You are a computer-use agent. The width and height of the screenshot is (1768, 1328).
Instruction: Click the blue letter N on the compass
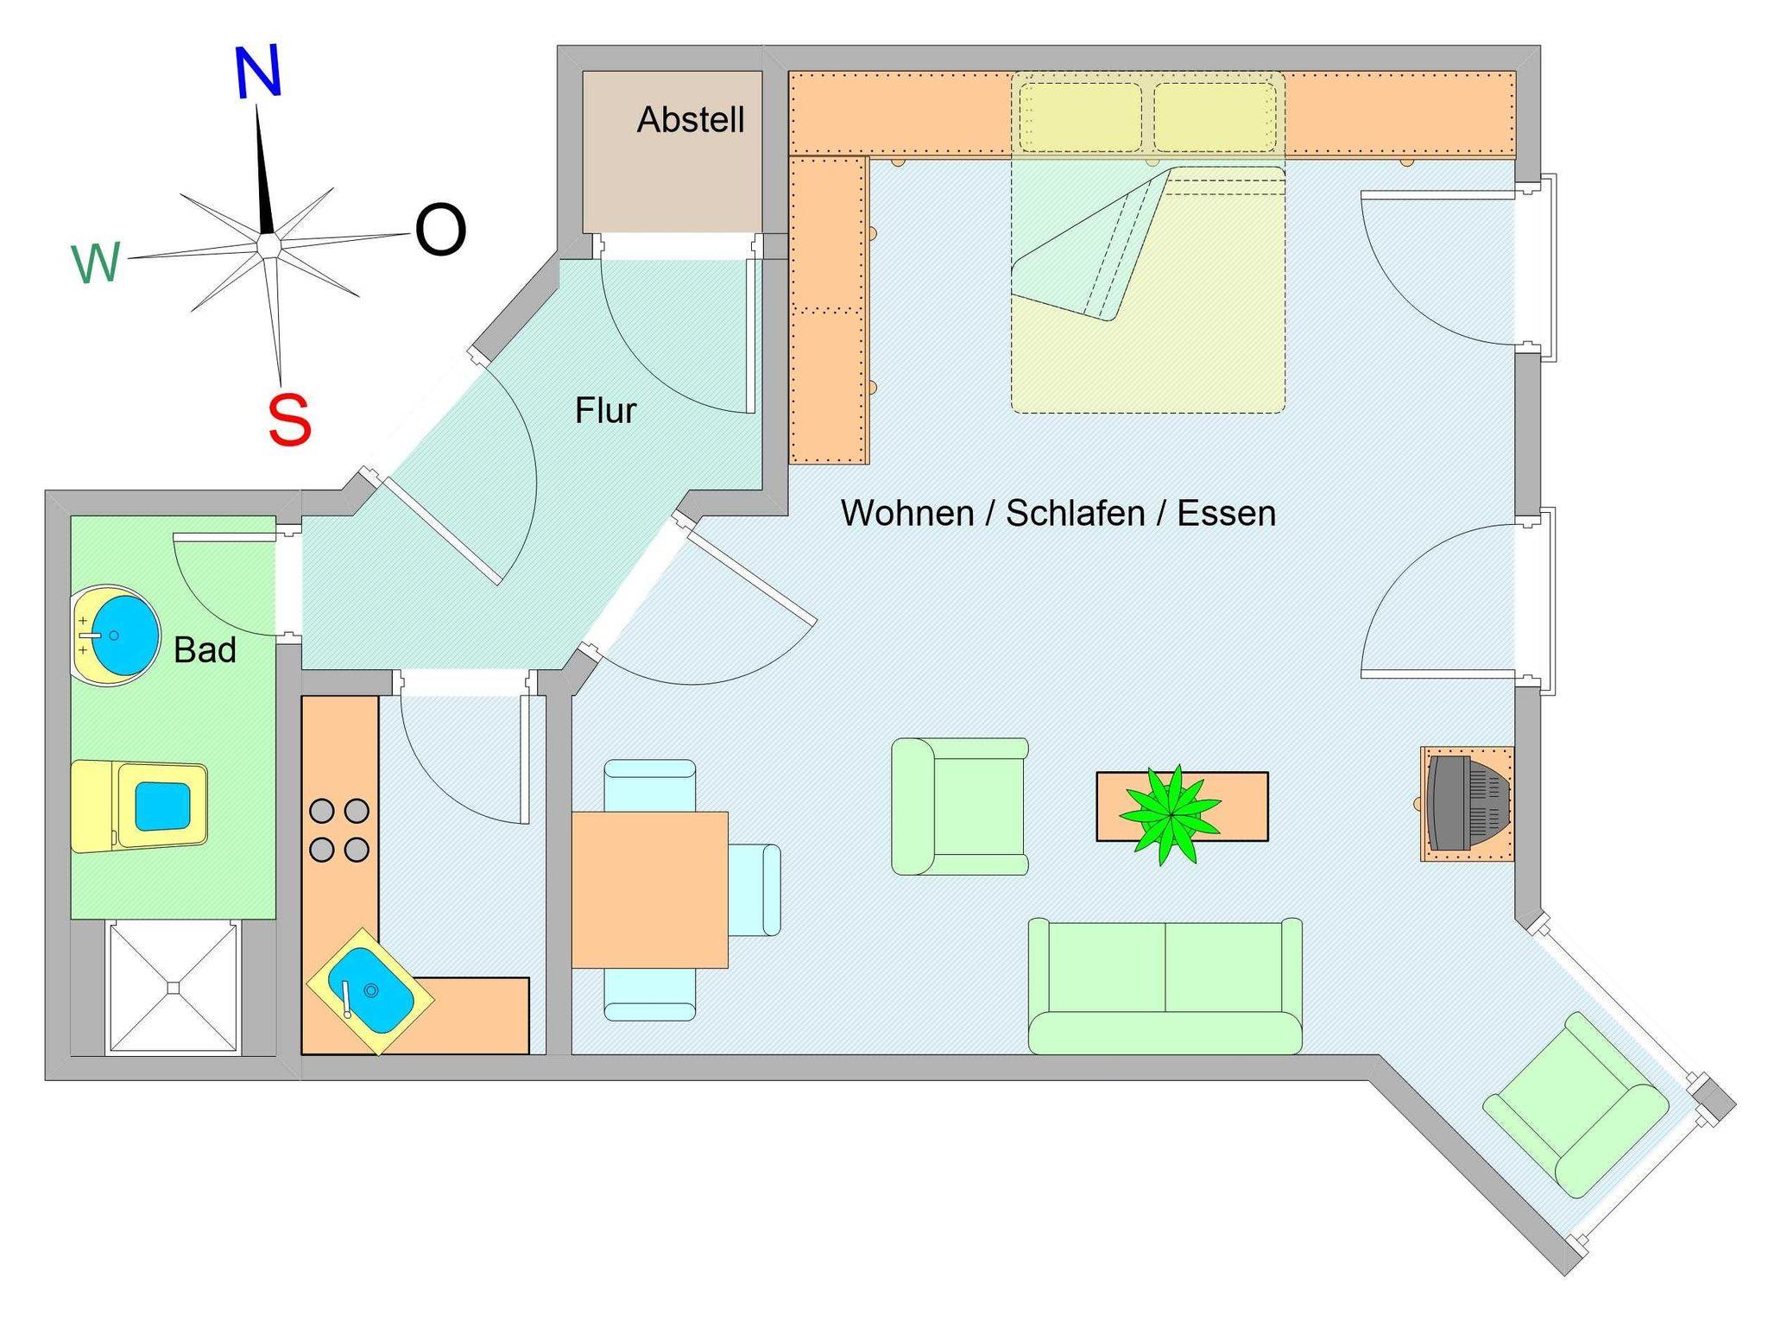(x=258, y=73)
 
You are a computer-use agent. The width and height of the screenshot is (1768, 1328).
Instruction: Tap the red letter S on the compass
(x=289, y=420)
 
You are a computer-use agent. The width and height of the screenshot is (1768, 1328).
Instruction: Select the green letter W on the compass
(x=96, y=262)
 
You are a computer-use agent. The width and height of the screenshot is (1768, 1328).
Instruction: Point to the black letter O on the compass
(x=440, y=230)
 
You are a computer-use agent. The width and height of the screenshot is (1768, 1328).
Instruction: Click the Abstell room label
(x=691, y=120)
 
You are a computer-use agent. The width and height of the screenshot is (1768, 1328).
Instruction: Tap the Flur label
(x=605, y=411)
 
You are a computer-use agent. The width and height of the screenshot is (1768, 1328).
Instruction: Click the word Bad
(x=205, y=650)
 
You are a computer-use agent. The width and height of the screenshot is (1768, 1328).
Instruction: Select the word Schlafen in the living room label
(x=1075, y=514)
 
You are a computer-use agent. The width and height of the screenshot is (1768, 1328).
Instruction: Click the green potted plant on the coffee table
(x=1170, y=814)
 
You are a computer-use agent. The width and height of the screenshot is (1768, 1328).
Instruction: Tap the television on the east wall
(x=1468, y=803)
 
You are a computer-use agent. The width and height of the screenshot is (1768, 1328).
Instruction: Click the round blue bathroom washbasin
(x=123, y=635)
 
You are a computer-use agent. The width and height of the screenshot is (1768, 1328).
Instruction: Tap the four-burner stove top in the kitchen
(x=339, y=831)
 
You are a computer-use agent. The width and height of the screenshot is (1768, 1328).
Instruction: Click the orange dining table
(x=649, y=889)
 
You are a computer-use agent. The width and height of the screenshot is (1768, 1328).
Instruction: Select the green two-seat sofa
(x=1165, y=987)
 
